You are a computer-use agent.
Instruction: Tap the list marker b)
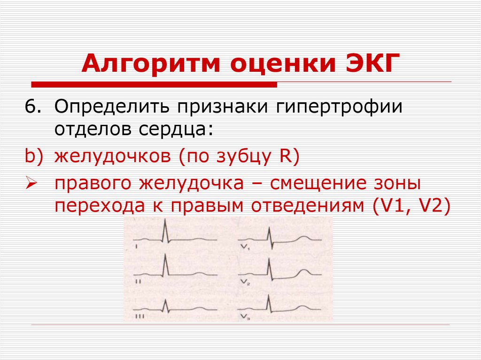pyautogui.click(x=34, y=156)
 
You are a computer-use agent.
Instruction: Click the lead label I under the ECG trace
pyautogui.click(x=136, y=246)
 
